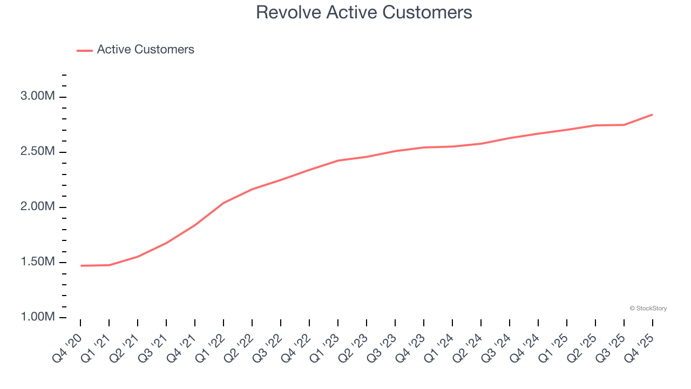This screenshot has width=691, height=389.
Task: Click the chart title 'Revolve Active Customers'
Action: point(364,12)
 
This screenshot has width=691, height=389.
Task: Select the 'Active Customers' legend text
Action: point(145,50)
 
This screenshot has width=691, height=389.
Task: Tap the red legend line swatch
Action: point(85,50)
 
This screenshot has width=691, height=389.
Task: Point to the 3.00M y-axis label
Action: point(38,97)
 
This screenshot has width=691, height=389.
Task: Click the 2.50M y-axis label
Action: point(38,152)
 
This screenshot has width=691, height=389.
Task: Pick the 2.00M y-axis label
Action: point(38,207)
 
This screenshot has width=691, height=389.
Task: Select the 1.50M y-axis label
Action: point(38,262)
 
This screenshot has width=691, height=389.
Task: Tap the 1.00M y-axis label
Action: point(38,317)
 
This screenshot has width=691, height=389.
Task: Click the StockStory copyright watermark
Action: point(648,308)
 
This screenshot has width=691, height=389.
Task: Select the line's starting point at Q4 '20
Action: point(81,266)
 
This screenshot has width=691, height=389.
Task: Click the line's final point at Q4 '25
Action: point(652,115)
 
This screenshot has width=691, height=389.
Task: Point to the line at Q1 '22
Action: point(223,203)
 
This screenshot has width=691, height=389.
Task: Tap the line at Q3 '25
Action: point(624,125)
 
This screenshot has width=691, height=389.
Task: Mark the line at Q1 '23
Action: point(338,160)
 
